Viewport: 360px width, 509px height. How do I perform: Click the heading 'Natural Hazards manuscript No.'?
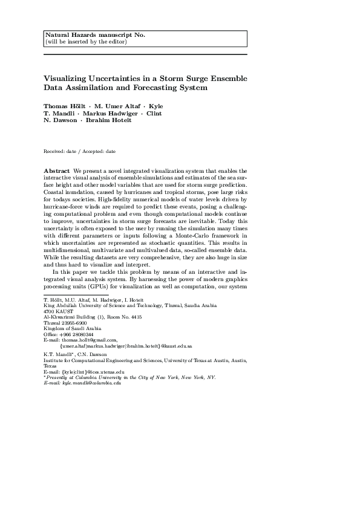click(95, 35)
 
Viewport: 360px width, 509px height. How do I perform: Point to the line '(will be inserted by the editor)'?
click(86, 41)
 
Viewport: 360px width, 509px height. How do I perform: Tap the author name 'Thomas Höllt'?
click(64, 105)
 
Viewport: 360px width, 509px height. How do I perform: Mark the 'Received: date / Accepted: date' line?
click(80, 151)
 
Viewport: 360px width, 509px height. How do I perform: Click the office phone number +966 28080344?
click(77, 334)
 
